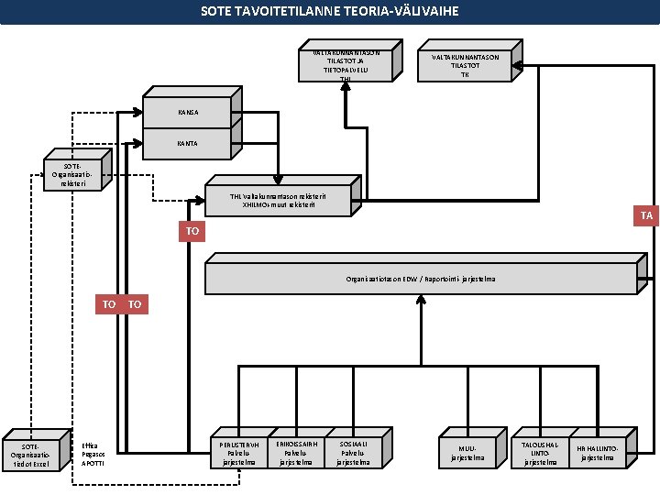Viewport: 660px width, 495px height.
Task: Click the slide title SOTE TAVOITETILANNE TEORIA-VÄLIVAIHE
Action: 330,12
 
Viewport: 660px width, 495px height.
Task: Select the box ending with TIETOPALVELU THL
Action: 346,66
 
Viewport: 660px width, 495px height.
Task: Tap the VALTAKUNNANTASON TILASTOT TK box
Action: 465,66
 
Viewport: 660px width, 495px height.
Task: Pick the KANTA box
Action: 187,143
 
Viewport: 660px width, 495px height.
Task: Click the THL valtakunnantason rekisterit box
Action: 279,199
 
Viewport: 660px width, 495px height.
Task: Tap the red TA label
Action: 647,215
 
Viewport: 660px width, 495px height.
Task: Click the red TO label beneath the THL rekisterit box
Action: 192,232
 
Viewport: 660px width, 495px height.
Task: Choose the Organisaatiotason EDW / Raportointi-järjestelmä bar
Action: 421,277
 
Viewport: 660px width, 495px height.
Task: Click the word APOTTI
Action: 93,463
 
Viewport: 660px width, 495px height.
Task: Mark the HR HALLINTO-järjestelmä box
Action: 597,452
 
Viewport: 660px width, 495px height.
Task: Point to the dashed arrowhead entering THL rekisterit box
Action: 203,199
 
